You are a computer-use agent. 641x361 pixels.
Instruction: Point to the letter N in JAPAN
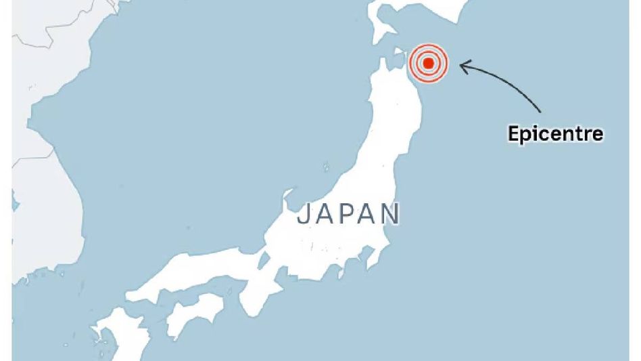pos(389,214)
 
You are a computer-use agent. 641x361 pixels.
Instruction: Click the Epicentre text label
pos(555,133)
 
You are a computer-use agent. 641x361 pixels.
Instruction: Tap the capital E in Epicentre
pos(513,133)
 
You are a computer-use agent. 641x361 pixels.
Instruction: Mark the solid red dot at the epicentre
pos(429,64)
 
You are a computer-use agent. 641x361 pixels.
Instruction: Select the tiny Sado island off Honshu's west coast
pos(326,166)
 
